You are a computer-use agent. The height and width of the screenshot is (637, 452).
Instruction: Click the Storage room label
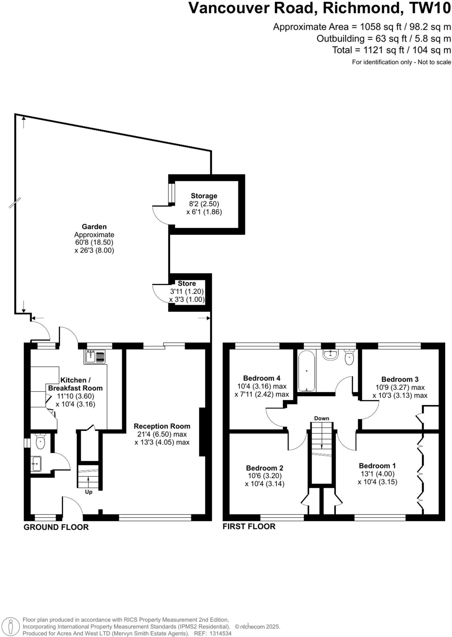(204, 196)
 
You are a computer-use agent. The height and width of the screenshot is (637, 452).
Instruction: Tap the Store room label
(187, 283)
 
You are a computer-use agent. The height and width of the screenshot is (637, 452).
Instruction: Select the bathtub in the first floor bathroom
(306, 370)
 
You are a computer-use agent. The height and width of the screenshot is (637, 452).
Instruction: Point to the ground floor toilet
(40, 442)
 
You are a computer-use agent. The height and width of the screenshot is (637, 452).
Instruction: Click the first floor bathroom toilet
(349, 358)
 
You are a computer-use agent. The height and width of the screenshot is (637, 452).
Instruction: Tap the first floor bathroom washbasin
(330, 355)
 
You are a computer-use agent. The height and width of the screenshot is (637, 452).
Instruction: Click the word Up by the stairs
(89, 492)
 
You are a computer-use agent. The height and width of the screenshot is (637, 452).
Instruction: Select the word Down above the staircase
(321, 418)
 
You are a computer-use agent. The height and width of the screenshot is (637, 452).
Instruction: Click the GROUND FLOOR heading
(56, 527)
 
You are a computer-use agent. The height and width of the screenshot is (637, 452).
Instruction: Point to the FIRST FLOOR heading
(249, 526)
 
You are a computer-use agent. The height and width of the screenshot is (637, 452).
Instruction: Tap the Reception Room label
(162, 426)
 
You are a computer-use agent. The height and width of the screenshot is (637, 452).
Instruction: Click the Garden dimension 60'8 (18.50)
(94, 242)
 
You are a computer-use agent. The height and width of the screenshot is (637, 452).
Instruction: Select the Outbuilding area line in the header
(383, 39)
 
